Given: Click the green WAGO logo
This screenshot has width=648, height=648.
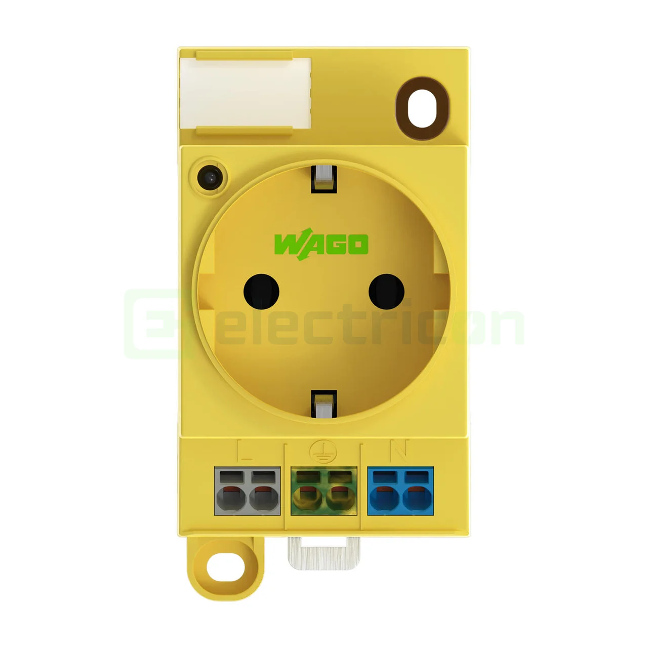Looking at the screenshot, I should coord(321,245).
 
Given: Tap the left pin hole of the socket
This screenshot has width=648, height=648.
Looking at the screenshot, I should coord(261,292).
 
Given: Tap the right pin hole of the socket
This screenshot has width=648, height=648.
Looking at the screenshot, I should coord(386,292).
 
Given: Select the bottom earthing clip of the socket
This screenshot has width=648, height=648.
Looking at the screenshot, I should coord(324,403).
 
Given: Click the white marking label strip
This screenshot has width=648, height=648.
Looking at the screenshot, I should coord(246,93).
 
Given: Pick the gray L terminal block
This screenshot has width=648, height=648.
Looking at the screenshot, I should coord(247,491).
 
